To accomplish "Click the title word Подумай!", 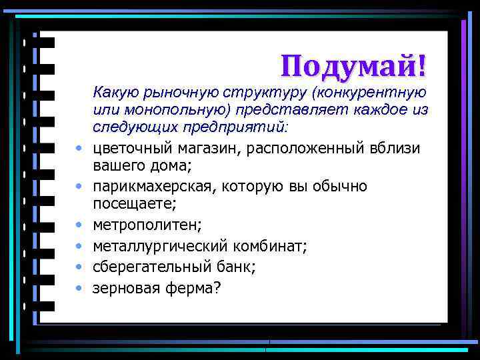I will (353, 66).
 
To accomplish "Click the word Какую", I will (116, 91).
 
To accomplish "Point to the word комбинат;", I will (268, 247).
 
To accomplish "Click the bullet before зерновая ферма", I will (79, 289).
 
